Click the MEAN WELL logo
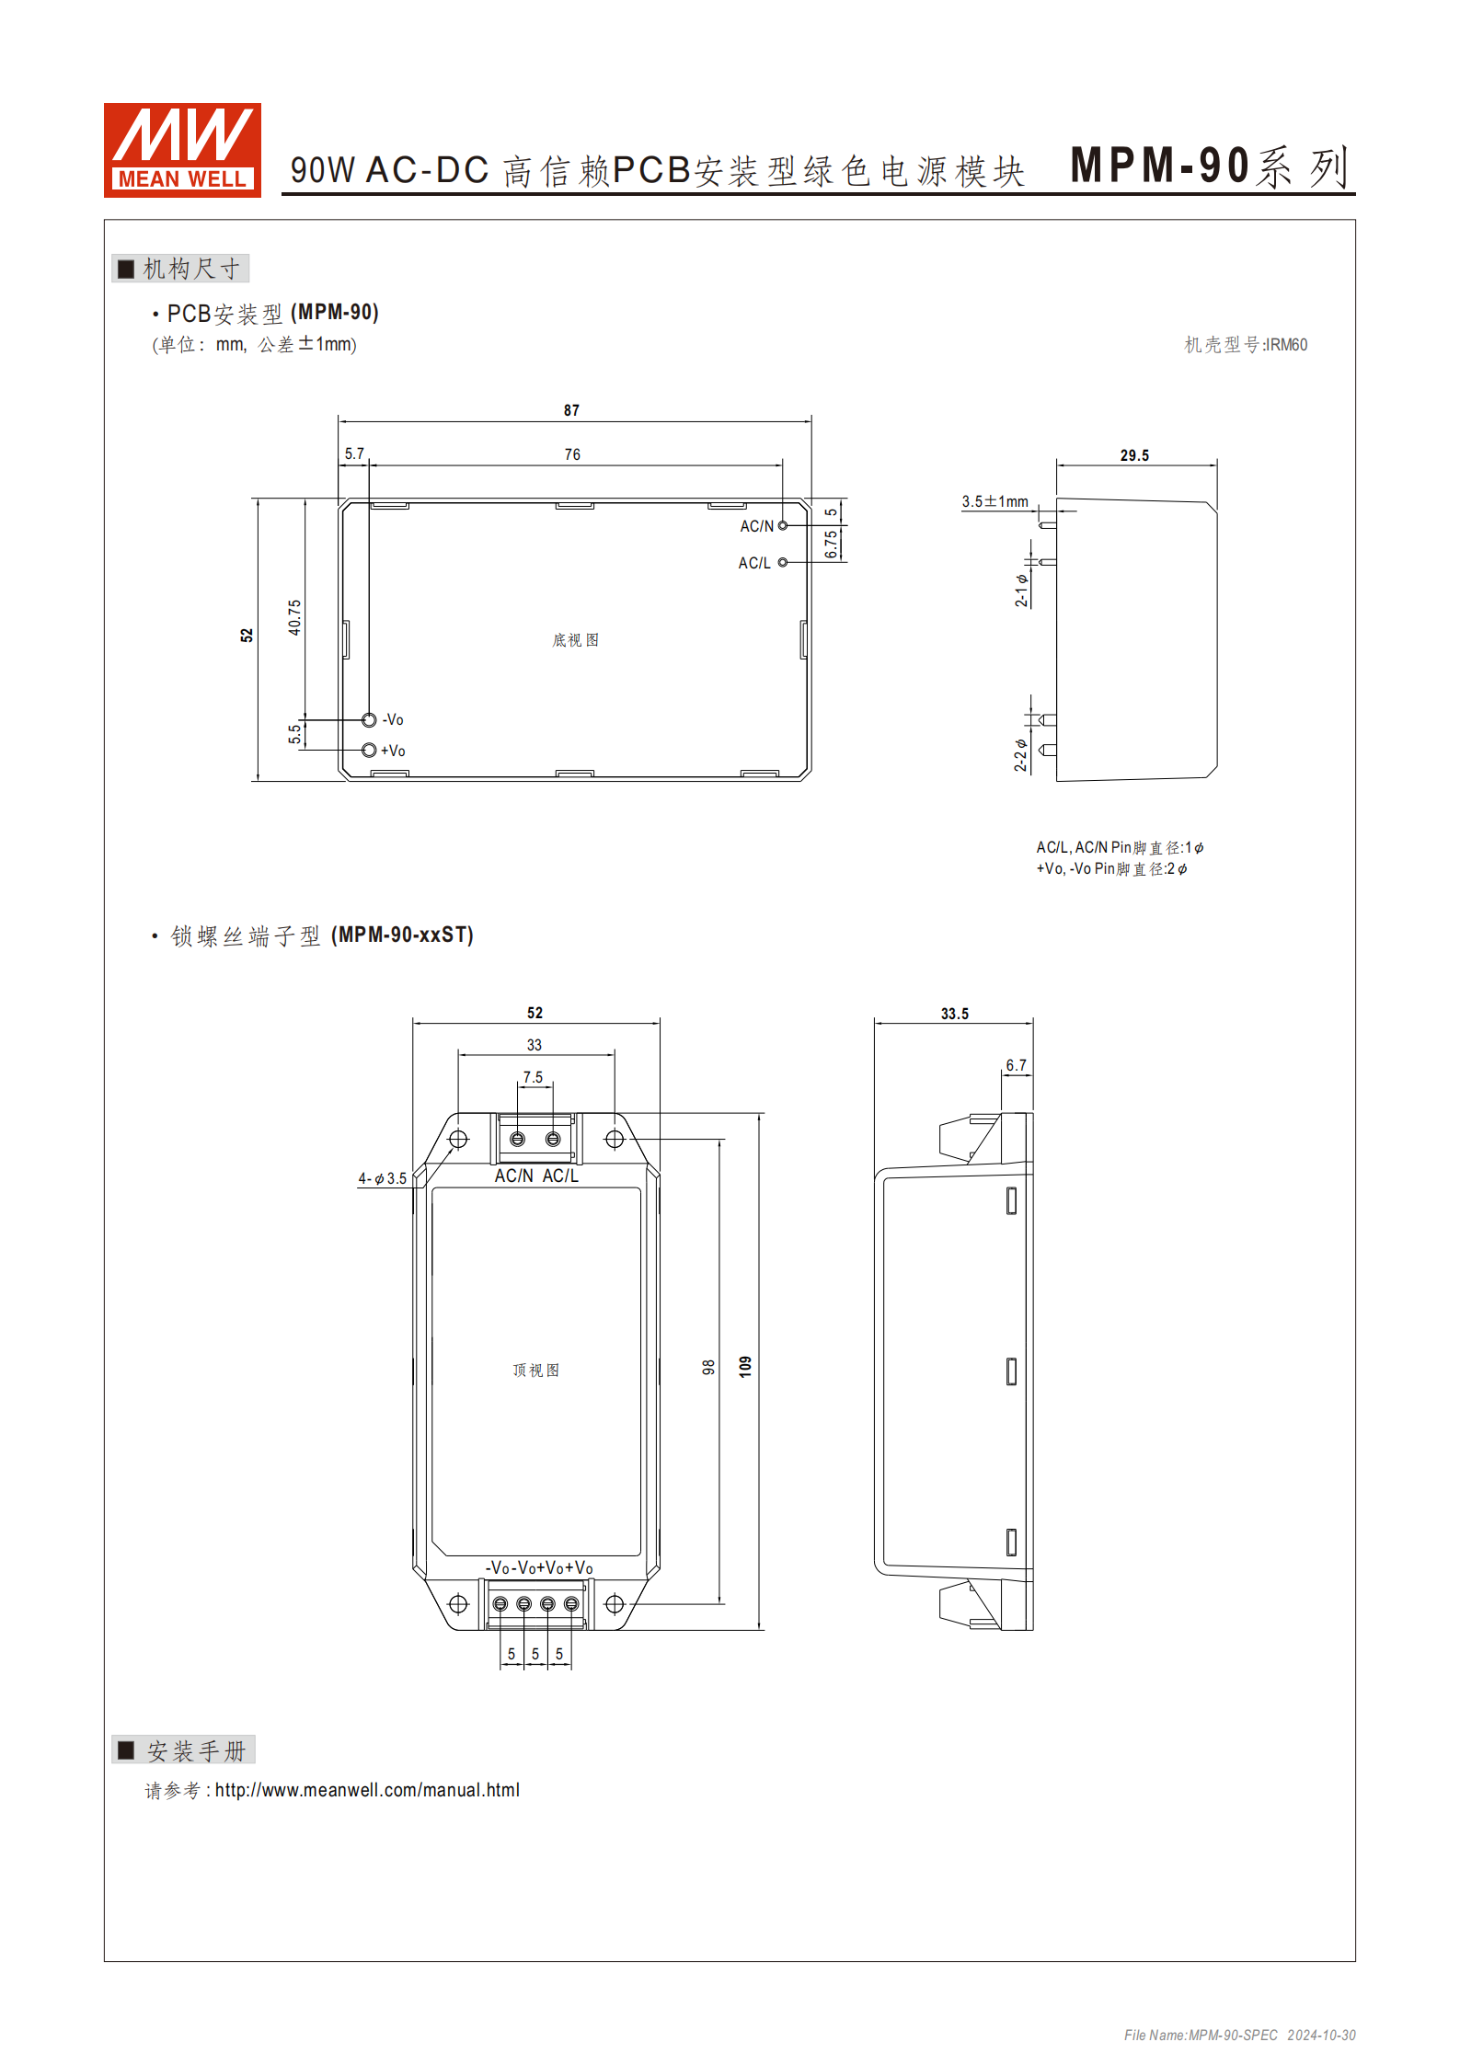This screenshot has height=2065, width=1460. pos(182,150)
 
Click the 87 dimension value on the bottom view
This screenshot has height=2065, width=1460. pos(571,410)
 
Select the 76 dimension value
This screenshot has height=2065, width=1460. pos(572,454)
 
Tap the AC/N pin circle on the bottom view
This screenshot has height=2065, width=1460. pos(783,525)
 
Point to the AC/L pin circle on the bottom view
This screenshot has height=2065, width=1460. pos(783,562)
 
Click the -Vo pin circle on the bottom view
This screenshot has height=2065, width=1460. pos(369,719)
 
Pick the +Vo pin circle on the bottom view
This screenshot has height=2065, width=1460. pos(369,750)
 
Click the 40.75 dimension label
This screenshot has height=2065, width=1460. pos(294,617)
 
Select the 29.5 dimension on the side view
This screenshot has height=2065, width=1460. pos(1134,455)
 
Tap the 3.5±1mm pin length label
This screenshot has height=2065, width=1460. pos(994,501)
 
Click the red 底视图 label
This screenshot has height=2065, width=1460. pos(575,640)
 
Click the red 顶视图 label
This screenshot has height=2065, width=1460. pos(535,1371)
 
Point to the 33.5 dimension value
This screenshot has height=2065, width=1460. pos(954,1014)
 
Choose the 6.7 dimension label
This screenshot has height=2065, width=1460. pos(1016,1065)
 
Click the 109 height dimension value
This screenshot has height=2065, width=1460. pos(745,1366)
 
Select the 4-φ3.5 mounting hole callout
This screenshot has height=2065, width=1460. pos(382,1178)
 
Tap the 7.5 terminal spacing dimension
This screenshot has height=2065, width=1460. pos(533,1077)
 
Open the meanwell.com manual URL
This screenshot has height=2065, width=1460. pos(367,1790)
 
